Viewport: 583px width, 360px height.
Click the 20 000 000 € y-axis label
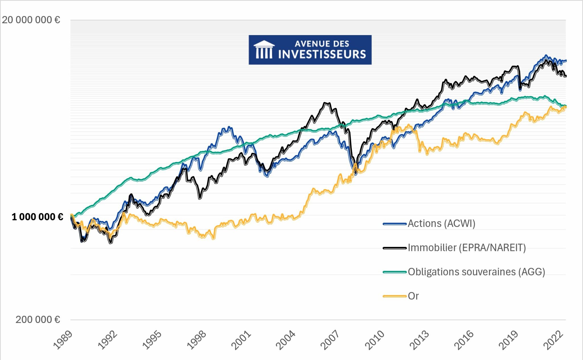(31, 20)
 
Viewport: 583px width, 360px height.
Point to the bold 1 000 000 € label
(37, 217)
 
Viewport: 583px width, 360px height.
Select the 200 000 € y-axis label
(38, 320)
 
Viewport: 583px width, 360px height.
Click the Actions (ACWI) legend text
(442, 224)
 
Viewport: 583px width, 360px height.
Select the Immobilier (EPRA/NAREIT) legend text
(467, 248)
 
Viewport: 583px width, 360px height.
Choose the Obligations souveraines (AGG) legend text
(476, 272)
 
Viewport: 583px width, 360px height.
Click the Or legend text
(413, 296)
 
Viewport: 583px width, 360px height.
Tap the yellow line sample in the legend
(395, 296)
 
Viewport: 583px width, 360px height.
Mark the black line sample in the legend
(395, 248)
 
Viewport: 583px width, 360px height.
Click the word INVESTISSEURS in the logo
(322, 54)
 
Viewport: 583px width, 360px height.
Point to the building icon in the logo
(264, 50)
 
